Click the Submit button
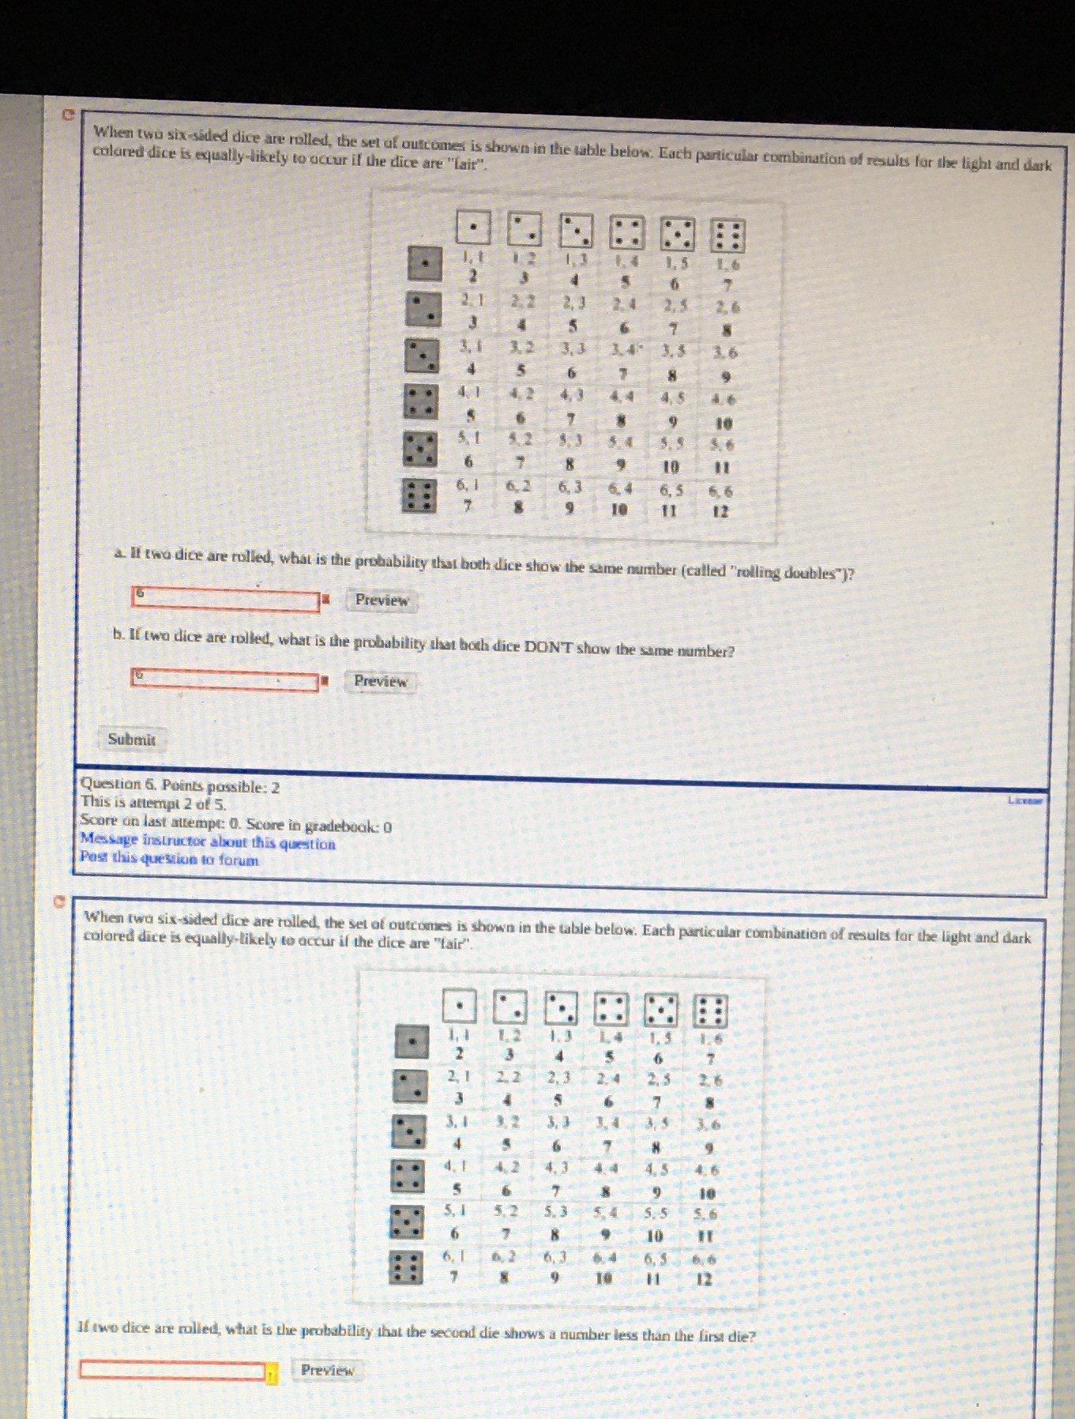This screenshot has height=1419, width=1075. (131, 740)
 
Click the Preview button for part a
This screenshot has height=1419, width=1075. (382, 600)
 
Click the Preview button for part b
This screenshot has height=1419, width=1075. (380, 681)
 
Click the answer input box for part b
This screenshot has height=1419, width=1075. (225, 679)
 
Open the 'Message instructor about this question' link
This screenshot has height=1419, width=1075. (207, 842)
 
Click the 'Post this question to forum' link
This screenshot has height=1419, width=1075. (169, 859)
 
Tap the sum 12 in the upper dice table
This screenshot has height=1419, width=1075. (720, 511)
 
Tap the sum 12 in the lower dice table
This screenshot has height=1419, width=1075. (704, 1279)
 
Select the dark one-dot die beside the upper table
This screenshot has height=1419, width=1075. (424, 263)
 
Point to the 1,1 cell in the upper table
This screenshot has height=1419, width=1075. (472, 257)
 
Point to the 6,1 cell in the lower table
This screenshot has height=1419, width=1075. (453, 1255)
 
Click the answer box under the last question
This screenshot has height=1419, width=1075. (172, 1371)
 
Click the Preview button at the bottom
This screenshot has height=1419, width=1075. (327, 1370)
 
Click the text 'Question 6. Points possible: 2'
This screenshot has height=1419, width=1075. (180, 785)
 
